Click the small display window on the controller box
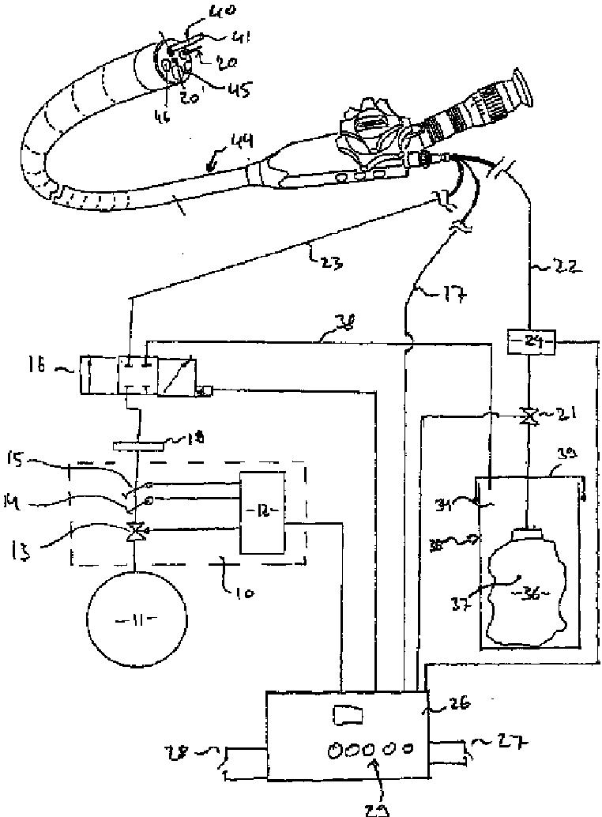point(348,716)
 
